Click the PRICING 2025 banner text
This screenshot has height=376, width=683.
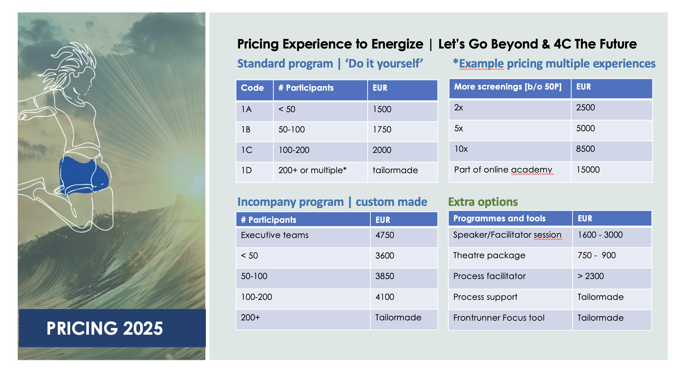click(105, 328)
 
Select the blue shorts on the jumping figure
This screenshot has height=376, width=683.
click(84, 176)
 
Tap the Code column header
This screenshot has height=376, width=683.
click(252, 88)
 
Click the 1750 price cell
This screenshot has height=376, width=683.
click(382, 129)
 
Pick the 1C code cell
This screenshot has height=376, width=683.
click(247, 150)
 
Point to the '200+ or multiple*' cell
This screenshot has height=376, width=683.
click(312, 170)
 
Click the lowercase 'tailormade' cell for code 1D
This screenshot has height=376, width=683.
click(395, 170)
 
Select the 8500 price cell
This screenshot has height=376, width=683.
click(585, 149)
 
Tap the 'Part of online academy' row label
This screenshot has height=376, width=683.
click(503, 170)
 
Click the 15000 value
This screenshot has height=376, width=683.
click(588, 170)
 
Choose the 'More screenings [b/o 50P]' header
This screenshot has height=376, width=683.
click(508, 87)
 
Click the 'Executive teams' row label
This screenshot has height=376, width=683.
click(275, 235)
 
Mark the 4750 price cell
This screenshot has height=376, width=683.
click(385, 235)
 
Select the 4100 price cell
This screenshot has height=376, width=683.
click(385, 297)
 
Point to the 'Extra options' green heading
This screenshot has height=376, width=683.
click(483, 202)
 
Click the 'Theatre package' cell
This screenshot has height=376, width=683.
click(489, 255)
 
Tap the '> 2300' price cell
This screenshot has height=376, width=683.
click(591, 276)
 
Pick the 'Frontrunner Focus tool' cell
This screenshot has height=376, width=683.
click(499, 318)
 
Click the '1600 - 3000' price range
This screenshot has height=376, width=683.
click(600, 235)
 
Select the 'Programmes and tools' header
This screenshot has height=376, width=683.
click(499, 218)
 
